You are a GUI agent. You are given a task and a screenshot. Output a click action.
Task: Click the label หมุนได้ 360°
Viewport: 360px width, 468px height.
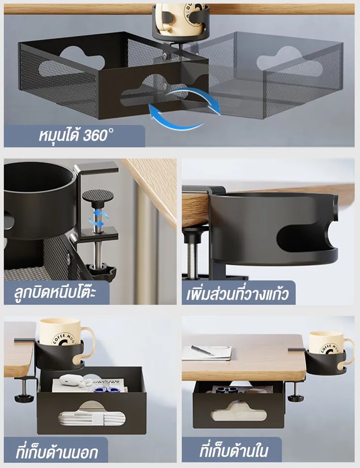pyautogui.click(x=76, y=135)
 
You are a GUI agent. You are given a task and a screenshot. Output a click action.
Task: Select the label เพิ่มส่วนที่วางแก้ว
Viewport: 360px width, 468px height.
pyautogui.click(x=237, y=293)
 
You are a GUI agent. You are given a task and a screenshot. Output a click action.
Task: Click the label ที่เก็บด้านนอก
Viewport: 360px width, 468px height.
pyautogui.click(x=57, y=451)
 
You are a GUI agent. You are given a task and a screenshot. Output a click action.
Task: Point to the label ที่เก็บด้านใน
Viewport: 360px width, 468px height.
pyautogui.click(x=233, y=450)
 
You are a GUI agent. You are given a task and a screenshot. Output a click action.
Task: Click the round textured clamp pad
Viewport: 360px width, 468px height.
pyautogui.click(x=98, y=196)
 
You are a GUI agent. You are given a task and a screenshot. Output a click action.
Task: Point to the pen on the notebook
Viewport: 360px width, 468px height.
pyautogui.click(x=203, y=350)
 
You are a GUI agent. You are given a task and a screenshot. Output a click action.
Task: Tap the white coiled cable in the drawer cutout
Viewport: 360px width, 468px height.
pyautogui.click(x=92, y=417)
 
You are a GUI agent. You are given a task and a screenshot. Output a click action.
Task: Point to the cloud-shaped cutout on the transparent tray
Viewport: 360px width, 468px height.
pyautogui.click(x=289, y=61)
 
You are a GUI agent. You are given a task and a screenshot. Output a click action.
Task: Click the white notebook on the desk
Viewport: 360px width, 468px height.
pyautogui.click(x=207, y=353)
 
